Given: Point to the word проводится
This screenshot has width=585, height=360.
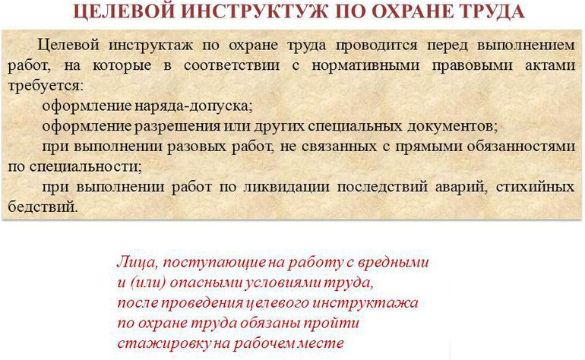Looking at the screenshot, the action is point(377,46).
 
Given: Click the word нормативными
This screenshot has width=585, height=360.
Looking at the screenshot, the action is point(365,65).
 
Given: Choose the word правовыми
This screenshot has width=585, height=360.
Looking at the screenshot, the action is point(472,65).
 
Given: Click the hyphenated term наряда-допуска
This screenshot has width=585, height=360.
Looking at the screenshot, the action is point(193,106).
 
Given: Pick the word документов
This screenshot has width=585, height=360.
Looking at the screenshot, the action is point(452,127).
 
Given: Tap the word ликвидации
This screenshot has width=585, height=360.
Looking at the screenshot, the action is point(286,187).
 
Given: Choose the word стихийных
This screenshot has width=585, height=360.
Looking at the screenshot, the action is point(536,187).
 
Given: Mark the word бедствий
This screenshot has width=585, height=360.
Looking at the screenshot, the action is point(43,207).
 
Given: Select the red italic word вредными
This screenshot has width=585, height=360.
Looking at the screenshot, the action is point(394,262).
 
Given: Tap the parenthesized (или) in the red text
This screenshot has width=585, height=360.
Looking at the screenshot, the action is point(148,283).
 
